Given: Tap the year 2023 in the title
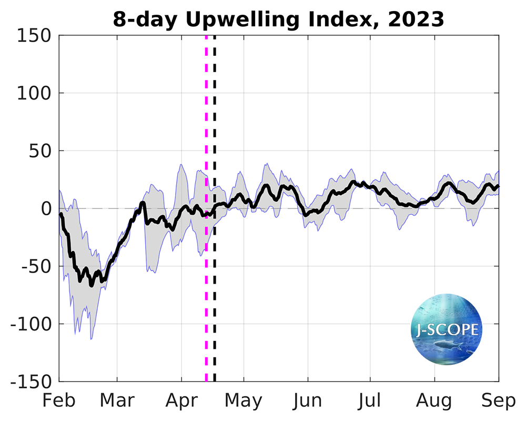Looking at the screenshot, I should (x=416, y=20).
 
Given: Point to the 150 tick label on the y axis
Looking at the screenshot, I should (x=35, y=36).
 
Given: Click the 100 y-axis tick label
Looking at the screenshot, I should (x=35, y=93).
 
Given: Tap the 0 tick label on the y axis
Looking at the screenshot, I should (x=46, y=209).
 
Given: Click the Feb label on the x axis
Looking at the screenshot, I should (x=59, y=400).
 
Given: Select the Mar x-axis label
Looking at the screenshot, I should (x=117, y=400).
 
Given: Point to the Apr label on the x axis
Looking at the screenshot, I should (x=181, y=400).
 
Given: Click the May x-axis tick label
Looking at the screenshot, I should (x=244, y=400).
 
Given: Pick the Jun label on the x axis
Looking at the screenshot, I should (x=308, y=400).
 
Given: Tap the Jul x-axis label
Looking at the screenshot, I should (x=370, y=400).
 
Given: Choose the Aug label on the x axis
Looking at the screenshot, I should (x=435, y=400).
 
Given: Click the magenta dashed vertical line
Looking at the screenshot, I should (x=206, y=132).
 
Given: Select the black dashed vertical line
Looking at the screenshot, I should (x=215, y=132).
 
